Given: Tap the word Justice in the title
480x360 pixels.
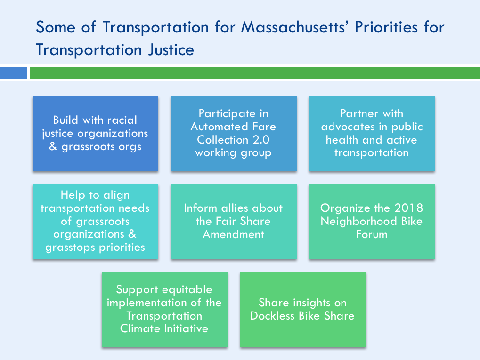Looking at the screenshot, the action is (171, 50).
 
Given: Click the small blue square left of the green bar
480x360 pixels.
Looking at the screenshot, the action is (14, 73).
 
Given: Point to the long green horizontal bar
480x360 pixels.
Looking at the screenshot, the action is (255, 73).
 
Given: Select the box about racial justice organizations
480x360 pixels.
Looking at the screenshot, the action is (95, 134).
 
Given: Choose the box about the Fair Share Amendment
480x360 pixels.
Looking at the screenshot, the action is (234, 222).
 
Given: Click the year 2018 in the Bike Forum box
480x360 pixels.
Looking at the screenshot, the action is (409, 208).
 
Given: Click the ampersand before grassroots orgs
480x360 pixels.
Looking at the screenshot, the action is (53, 146).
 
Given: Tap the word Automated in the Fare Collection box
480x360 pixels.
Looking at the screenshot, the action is (219, 127).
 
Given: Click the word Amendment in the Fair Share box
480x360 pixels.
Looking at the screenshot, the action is (234, 235).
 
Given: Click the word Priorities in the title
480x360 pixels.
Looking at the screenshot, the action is (386, 27).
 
